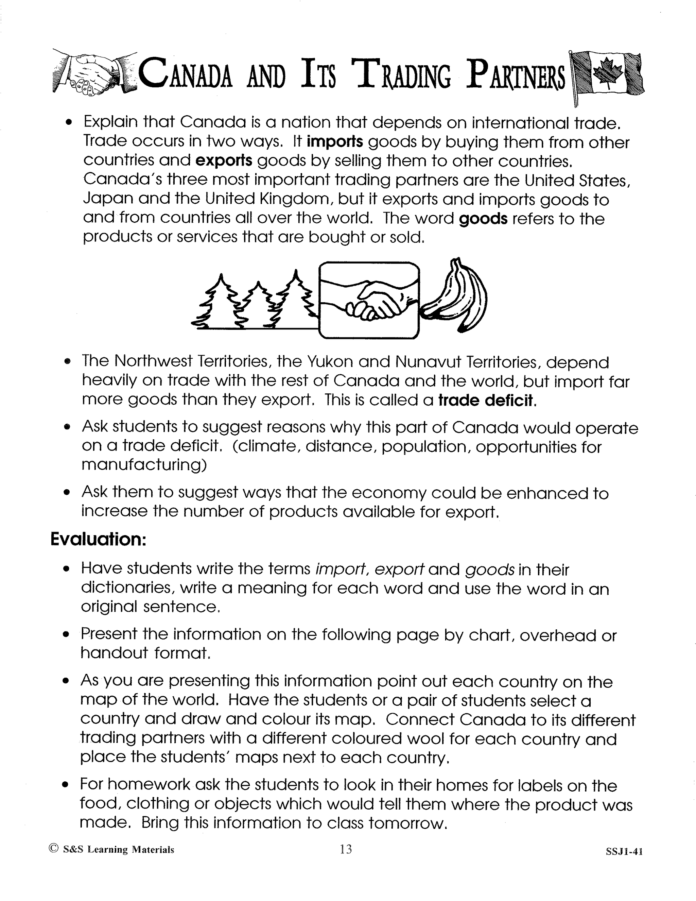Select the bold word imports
click(335, 142)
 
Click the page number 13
click(346, 849)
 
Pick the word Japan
click(108, 199)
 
